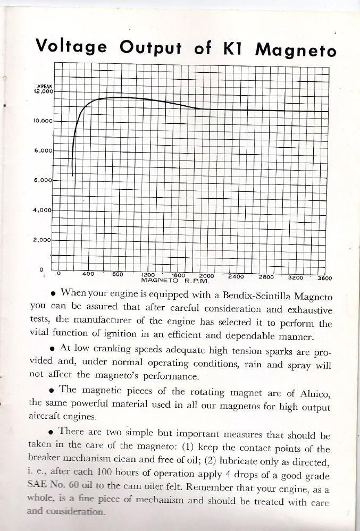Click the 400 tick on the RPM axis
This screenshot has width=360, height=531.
[x=88, y=274]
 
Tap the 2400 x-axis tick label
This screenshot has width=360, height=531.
[x=236, y=275]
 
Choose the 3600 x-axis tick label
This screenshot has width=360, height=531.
[x=324, y=277]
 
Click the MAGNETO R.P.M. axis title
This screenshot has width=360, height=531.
[x=177, y=279]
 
